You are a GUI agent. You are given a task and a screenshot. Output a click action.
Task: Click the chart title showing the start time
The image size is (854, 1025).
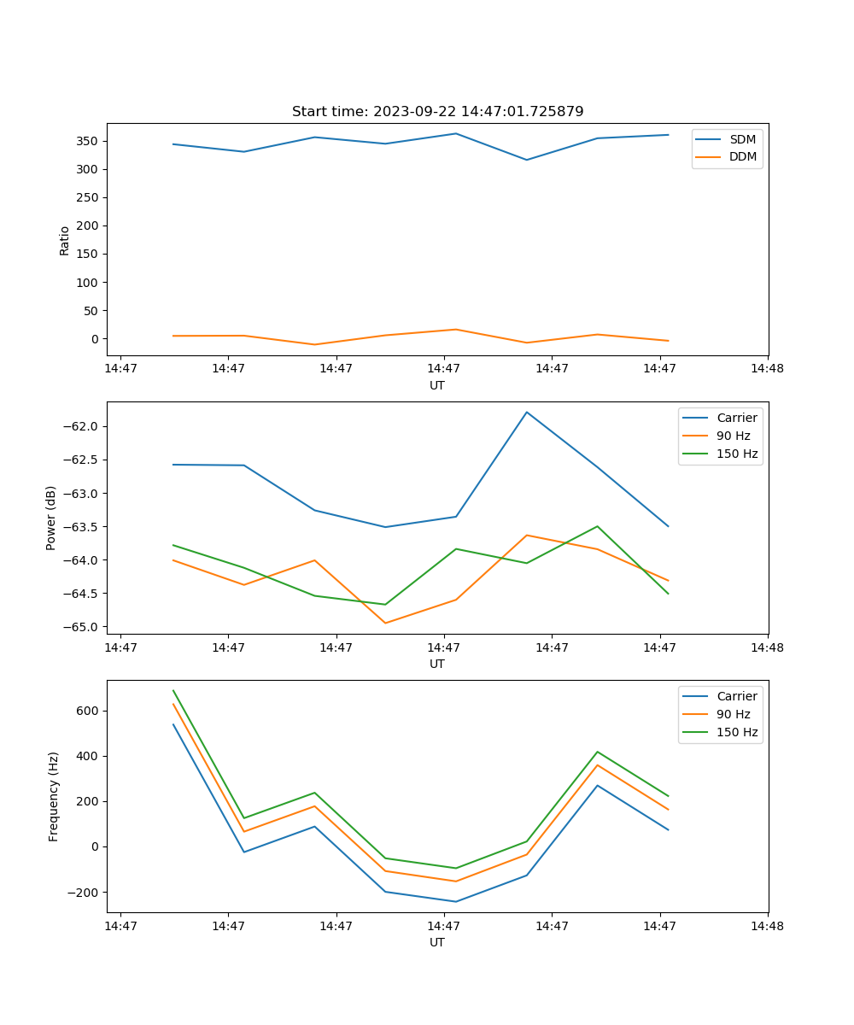[x=437, y=112]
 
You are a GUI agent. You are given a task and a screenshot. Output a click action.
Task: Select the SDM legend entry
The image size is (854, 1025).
[x=742, y=139]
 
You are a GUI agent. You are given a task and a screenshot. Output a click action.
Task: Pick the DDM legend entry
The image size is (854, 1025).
[x=742, y=156]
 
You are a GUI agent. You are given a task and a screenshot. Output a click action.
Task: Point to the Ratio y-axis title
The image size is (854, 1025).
[x=65, y=240]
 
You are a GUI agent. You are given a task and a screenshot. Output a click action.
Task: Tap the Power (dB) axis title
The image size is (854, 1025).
[x=51, y=518]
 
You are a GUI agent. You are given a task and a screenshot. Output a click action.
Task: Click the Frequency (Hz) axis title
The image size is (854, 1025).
[x=53, y=796]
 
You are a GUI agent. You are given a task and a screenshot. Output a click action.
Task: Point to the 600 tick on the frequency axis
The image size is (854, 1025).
[x=90, y=711]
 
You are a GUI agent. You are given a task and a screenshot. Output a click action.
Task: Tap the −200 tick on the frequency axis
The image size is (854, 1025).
[x=85, y=892]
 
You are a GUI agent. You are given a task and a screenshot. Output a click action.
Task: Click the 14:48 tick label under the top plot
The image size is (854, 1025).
[x=768, y=369]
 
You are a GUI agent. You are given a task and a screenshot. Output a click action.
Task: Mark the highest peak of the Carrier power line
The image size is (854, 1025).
[x=527, y=413]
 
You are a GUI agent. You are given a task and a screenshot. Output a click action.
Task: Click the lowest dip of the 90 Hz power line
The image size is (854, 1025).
[x=385, y=623]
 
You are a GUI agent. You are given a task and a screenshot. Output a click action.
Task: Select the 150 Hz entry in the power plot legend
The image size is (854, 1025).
[x=736, y=454]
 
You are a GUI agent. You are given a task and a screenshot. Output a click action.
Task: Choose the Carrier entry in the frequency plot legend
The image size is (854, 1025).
[x=736, y=696]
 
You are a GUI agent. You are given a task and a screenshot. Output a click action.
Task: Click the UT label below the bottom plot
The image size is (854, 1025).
[x=437, y=942]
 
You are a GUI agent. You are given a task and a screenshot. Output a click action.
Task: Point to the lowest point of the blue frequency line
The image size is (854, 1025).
[x=456, y=901]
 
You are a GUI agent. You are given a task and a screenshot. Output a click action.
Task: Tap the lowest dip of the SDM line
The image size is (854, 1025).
[x=527, y=160]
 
